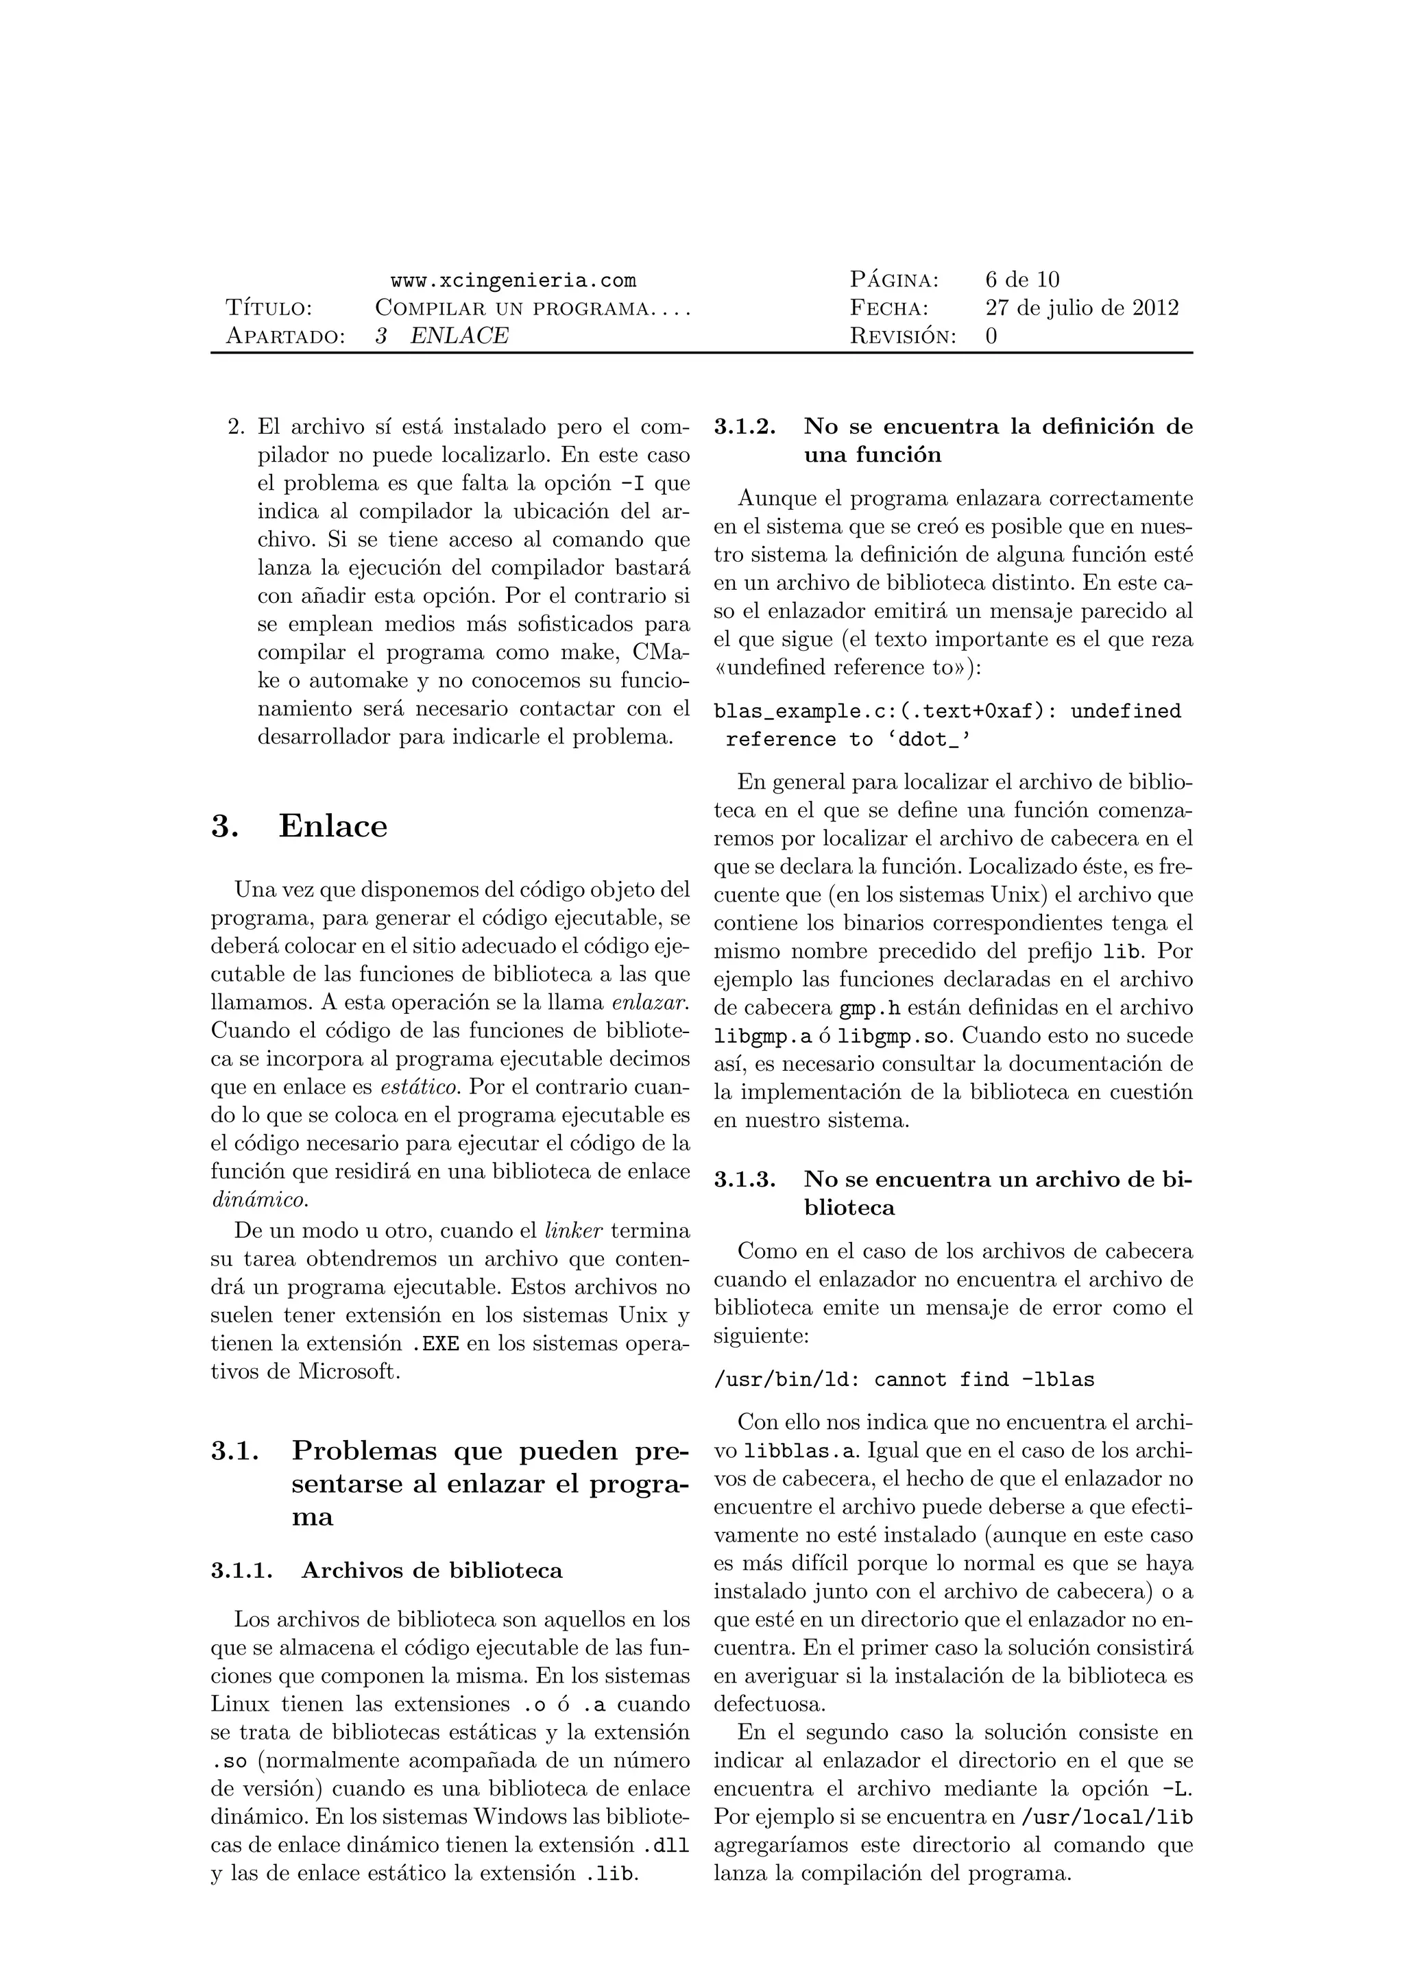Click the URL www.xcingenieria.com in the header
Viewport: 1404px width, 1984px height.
point(513,281)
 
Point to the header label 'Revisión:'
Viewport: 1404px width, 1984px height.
point(904,337)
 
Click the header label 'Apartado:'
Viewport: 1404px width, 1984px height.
point(285,337)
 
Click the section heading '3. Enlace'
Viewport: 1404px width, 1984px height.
point(299,827)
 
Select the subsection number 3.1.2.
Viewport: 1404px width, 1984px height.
point(745,427)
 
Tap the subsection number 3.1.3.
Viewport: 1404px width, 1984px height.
point(745,1180)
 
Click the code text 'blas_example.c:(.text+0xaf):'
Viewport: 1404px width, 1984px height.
point(886,712)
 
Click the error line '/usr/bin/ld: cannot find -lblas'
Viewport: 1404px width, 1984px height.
point(904,1380)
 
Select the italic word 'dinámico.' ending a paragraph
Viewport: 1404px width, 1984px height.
point(258,1200)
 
